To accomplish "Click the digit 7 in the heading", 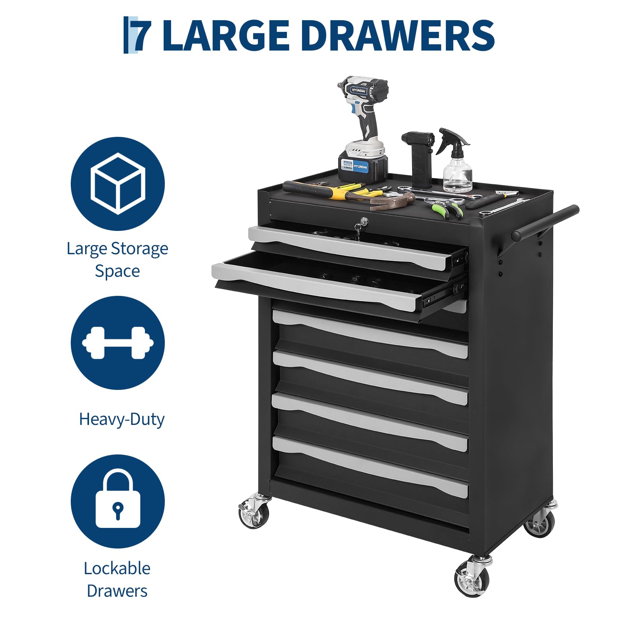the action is click(x=142, y=35).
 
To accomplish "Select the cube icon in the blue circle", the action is click(x=118, y=183).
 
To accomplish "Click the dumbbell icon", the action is click(x=118, y=342).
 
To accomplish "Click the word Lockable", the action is click(x=117, y=568).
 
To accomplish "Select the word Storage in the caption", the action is click(x=140, y=249).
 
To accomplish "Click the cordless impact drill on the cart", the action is click(x=362, y=128).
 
